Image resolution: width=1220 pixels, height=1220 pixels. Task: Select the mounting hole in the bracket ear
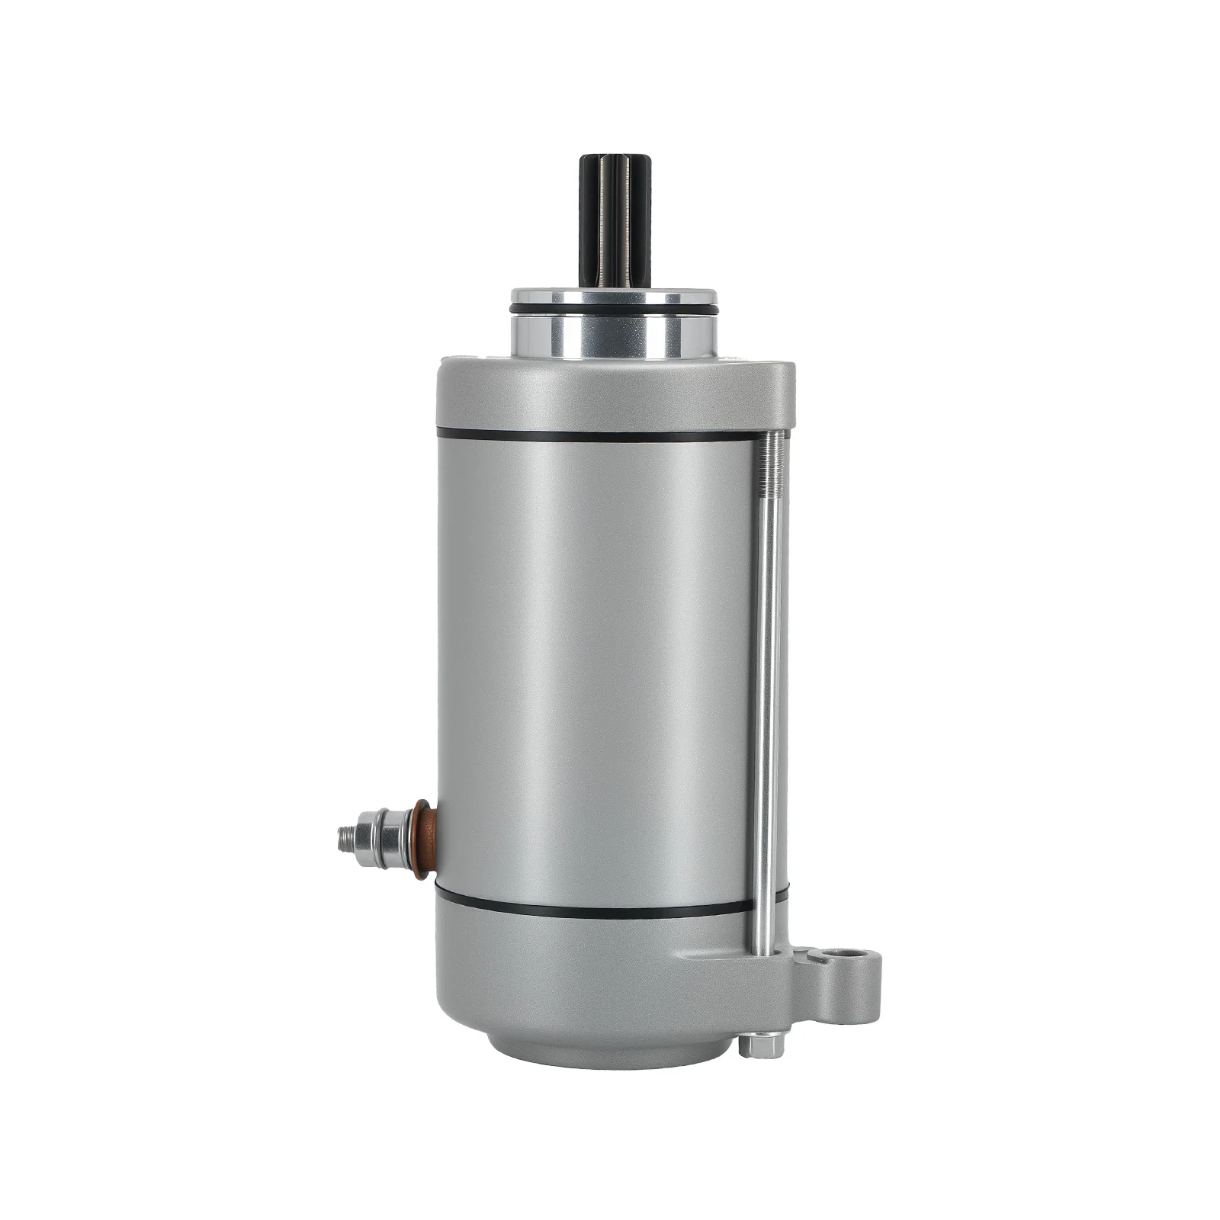coord(841,956)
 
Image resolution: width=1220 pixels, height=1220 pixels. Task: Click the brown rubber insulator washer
coord(424,839)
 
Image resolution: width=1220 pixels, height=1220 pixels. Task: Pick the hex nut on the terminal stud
coord(381,839)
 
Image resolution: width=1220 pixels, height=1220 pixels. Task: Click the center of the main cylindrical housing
coord(595,671)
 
